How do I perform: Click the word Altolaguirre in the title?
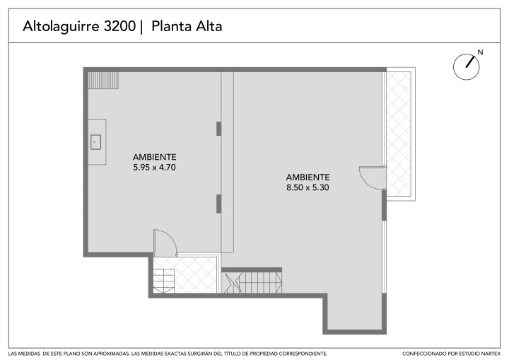click(61, 27)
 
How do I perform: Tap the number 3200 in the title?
click(119, 26)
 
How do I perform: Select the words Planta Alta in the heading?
click(187, 26)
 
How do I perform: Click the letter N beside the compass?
click(480, 52)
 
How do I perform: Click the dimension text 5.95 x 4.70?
click(155, 168)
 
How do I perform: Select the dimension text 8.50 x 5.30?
click(308, 188)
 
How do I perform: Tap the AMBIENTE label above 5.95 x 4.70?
click(155, 157)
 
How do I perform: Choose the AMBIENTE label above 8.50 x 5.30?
click(308, 178)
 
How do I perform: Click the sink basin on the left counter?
click(95, 142)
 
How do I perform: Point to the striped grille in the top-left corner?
click(103, 81)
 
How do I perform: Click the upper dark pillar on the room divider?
click(218, 129)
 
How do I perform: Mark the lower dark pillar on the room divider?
click(218, 204)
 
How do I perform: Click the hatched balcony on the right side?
click(399, 134)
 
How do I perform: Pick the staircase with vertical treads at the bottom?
click(252, 283)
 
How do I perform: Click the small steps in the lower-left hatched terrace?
click(164, 281)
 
